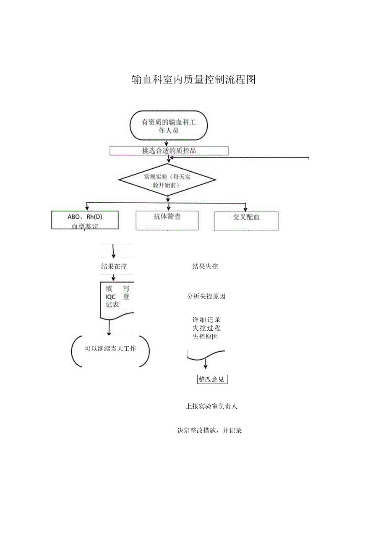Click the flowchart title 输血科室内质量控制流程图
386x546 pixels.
(x=193, y=79)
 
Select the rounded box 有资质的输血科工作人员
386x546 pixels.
(x=169, y=125)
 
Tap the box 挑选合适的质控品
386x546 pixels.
(x=169, y=151)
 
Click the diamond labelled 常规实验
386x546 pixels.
(x=167, y=180)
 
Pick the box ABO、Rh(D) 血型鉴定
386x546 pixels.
(x=85, y=220)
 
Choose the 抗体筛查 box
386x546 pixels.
(x=167, y=220)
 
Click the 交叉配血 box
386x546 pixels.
(x=246, y=221)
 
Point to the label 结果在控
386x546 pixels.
(x=114, y=266)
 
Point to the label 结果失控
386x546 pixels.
(x=205, y=266)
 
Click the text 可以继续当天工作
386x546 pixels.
(x=110, y=348)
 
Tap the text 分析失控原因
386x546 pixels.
(x=206, y=296)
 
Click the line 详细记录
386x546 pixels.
(x=206, y=320)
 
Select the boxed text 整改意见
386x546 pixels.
(x=212, y=379)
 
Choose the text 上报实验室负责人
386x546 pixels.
(x=211, y=406)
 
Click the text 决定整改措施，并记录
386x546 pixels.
(x=209, y=431)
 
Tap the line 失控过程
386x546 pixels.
(x=206, y=328)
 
